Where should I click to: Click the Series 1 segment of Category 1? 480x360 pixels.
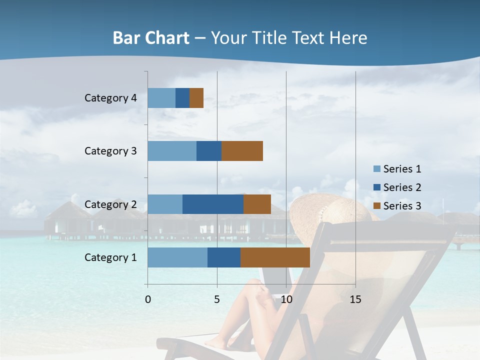[177, 257]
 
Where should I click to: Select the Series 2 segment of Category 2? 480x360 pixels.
[213, 204]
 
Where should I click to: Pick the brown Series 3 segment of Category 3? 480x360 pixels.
[242, 151]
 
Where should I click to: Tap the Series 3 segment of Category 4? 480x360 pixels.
[196, 98]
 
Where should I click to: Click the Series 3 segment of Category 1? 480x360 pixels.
[275, 257]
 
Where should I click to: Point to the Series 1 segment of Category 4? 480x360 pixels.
[161, 98]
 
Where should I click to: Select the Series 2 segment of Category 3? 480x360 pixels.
[209, 151]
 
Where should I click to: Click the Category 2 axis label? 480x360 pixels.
[110, 204]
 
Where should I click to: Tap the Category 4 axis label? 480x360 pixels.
[110, 98]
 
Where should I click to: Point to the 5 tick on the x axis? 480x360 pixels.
[217, 299]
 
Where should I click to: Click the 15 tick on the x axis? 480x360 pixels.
[355, 299]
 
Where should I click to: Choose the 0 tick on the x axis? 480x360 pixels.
[148, 299]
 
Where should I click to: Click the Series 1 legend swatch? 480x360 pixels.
[376, 169]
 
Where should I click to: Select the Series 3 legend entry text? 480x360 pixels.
[402, 206]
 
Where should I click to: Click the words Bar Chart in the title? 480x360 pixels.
[151, 38]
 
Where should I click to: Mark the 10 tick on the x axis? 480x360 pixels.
[286, 299]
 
